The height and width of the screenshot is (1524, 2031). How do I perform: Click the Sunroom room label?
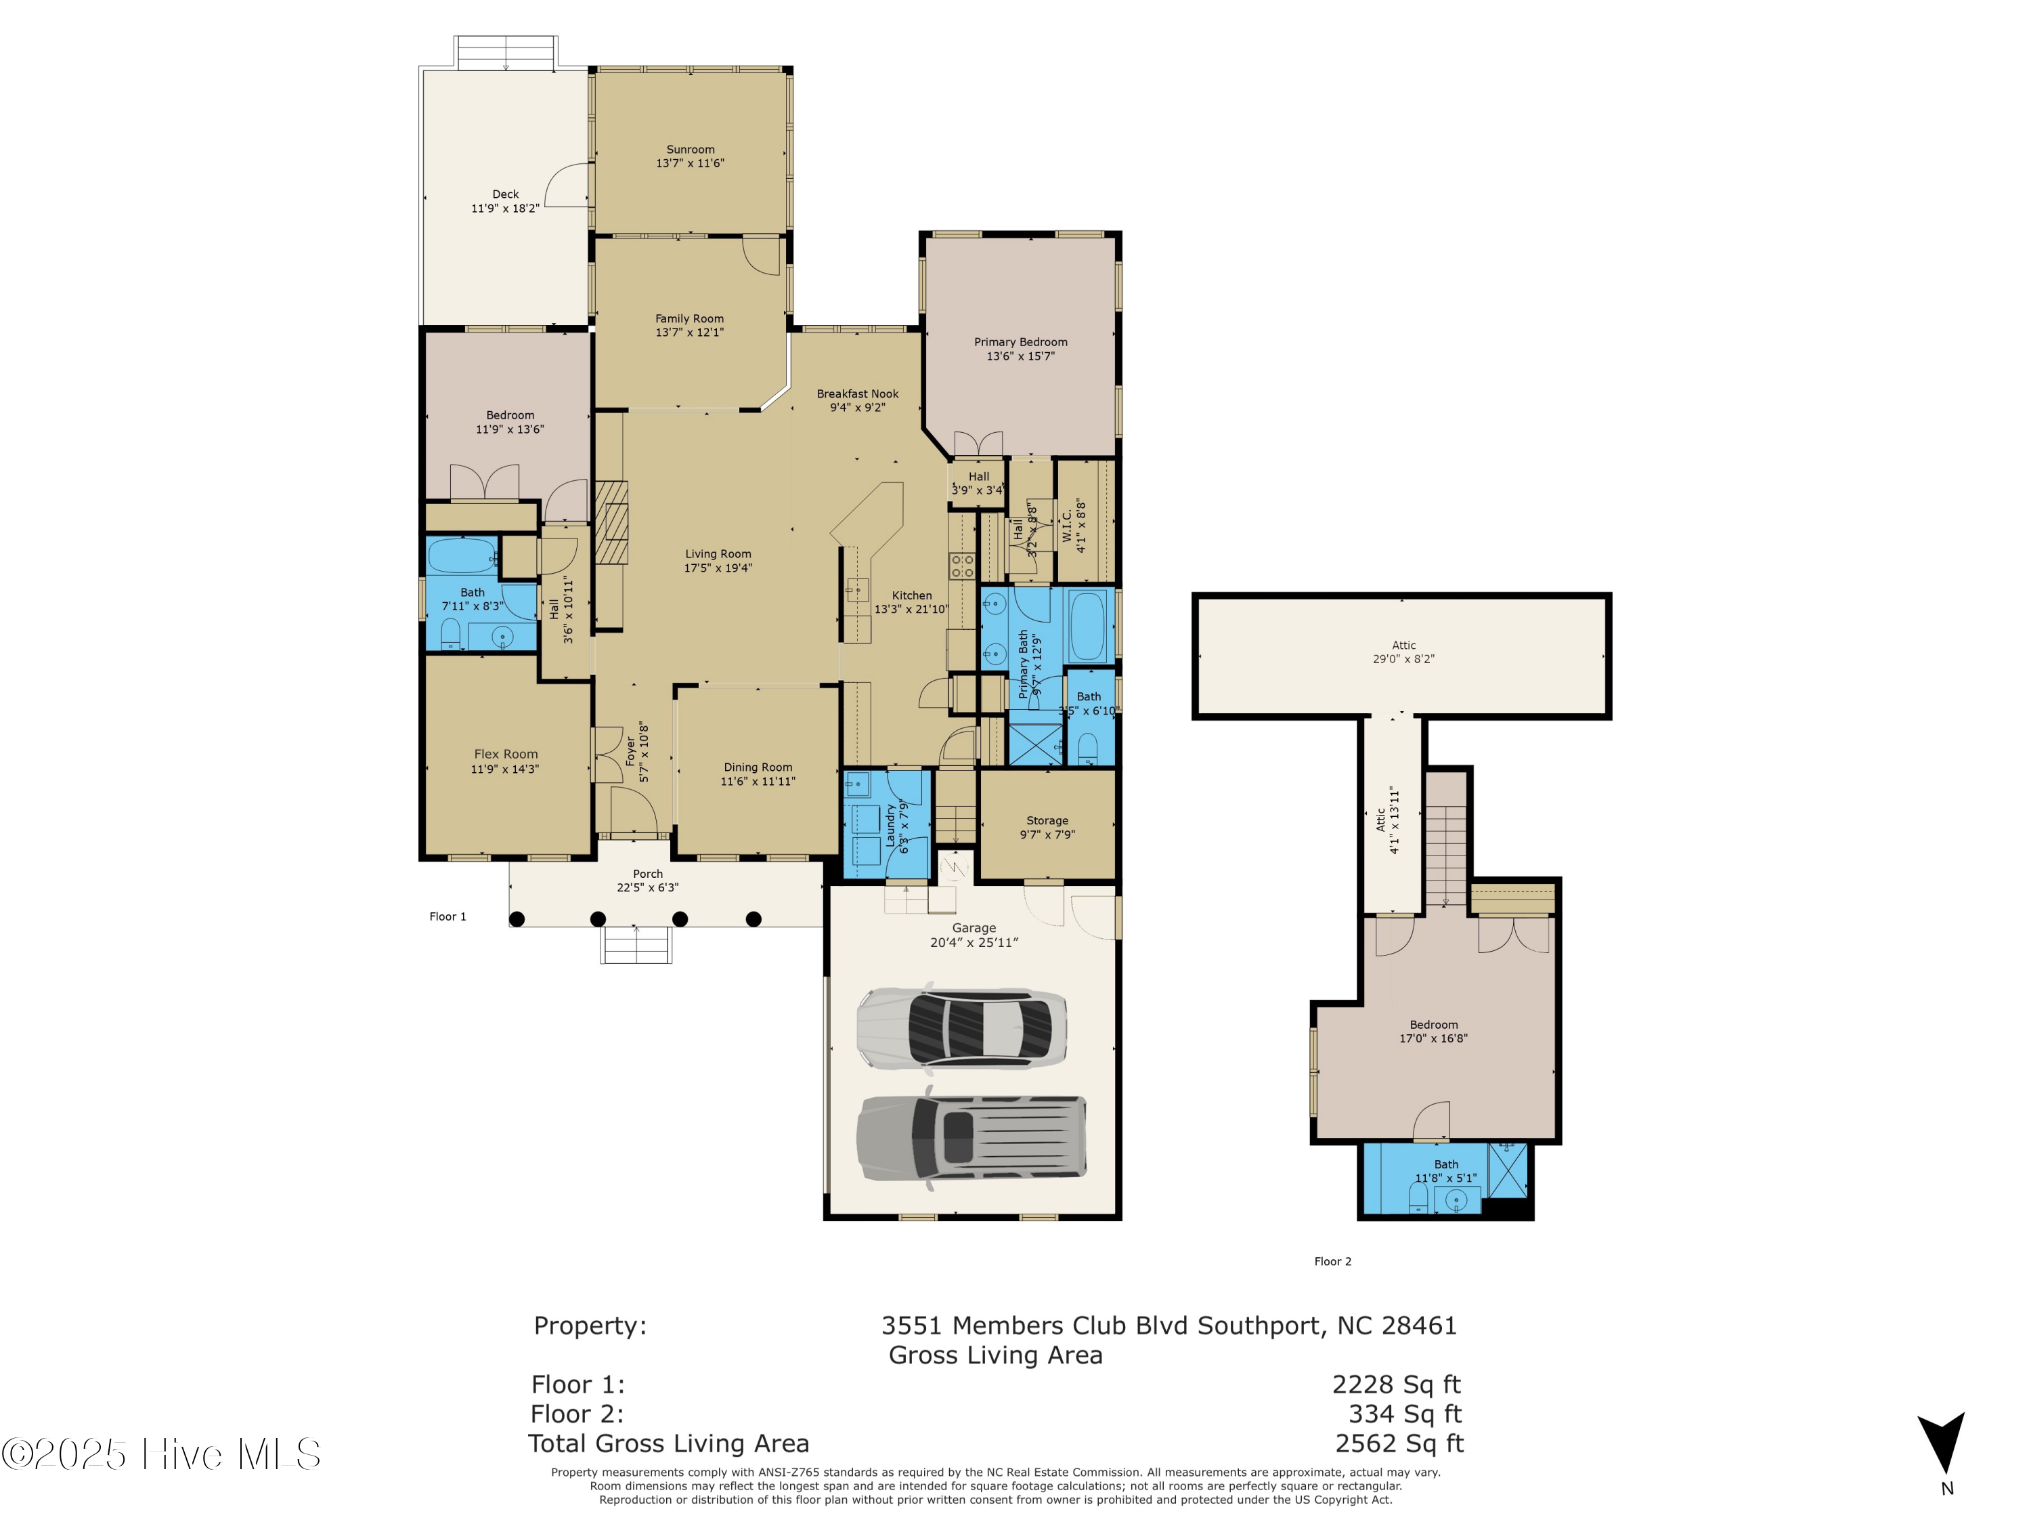(x=690, y=150)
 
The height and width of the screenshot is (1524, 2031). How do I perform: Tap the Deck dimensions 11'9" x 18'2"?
(x=505, y=209)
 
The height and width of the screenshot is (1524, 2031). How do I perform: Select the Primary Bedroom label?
(x=1020, y=342)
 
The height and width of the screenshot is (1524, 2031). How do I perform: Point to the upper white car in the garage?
(x=961, y=1027)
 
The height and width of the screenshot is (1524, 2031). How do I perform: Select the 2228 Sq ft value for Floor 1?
(x=1395, y=1384)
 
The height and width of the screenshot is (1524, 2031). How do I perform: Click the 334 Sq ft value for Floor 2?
(x=1404, y=1414)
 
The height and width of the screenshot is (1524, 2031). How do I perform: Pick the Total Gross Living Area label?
(x=668, y=1443)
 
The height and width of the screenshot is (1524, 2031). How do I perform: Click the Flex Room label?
(x=506, y=754)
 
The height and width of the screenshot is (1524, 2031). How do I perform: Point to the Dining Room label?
(x=758, y=767)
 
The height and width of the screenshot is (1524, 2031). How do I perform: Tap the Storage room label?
(x=1047, y=820)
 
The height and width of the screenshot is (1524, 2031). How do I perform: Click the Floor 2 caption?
(x=1332, y=1261)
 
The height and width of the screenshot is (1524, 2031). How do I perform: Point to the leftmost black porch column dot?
(x=517, y=918)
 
